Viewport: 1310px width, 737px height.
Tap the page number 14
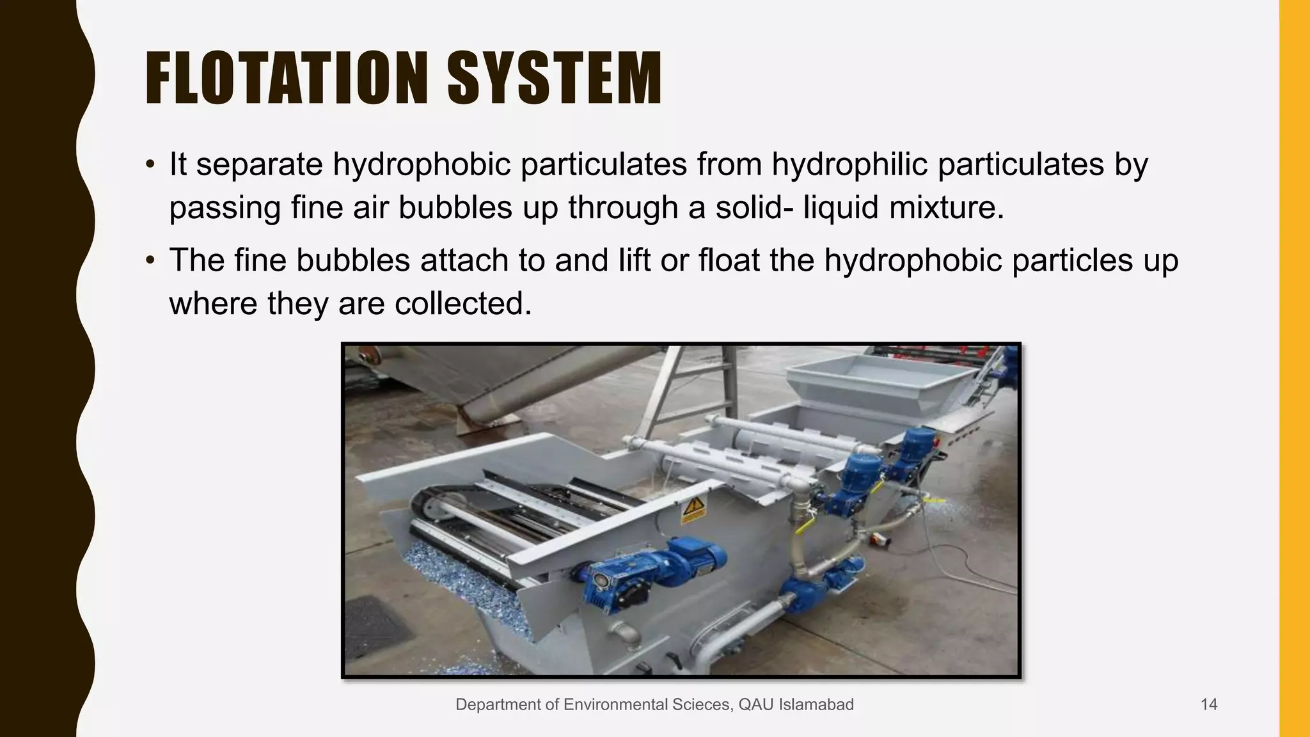tap(1209, 705)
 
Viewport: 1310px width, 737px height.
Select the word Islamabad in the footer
tap(816, 705)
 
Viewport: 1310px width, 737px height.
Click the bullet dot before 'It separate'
tap(150, 164)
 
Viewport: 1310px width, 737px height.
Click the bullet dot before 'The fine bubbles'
tap(150, 260)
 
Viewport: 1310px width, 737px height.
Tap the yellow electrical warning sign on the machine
tap(693, 510)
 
